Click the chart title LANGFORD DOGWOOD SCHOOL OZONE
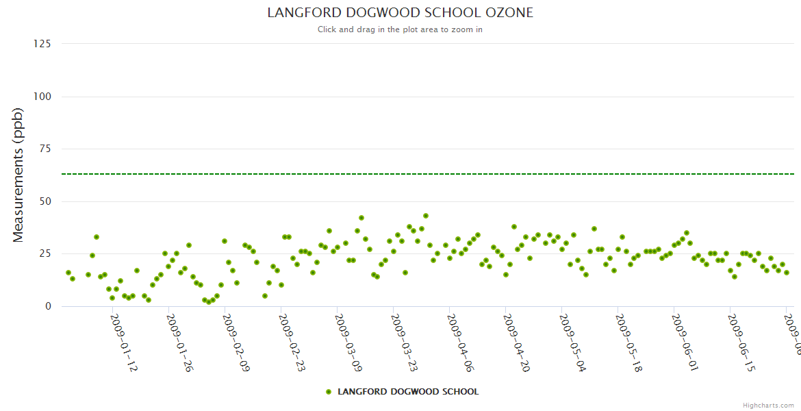400,13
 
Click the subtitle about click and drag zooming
400,29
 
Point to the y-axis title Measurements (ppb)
18,175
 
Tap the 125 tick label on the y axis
42,44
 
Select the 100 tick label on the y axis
42,97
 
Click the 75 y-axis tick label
44,149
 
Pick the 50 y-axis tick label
44,201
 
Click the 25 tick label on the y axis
44,254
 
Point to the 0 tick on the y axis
47,306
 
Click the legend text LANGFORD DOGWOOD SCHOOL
408,392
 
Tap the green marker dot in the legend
329,392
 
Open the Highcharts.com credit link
768,405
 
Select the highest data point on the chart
426,216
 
